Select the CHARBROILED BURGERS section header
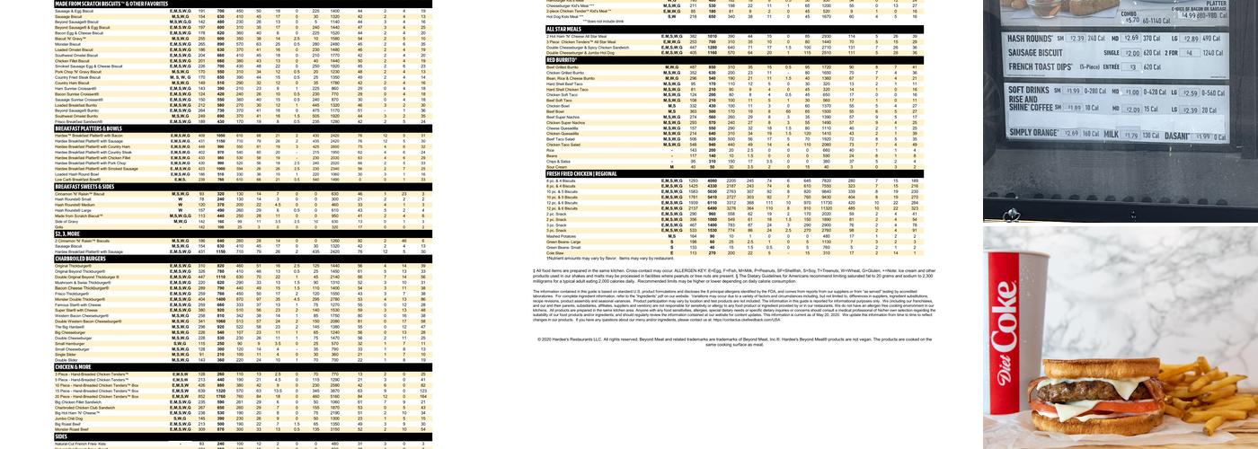(81, 259)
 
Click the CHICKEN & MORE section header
(73, 366)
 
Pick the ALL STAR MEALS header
(567, 30)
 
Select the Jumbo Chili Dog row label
(69, 418)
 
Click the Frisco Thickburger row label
(71, 293)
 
